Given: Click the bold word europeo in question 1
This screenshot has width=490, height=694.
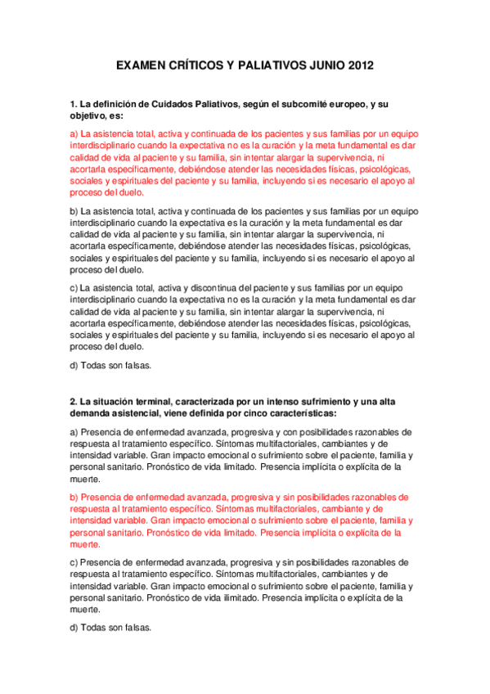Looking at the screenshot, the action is tap(347, 104).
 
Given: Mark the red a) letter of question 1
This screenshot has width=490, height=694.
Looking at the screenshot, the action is tap(74, 133).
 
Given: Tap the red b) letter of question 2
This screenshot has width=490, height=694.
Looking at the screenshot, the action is tap(74, 497).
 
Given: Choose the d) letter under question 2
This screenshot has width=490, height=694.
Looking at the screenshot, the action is tap(74, 628).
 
